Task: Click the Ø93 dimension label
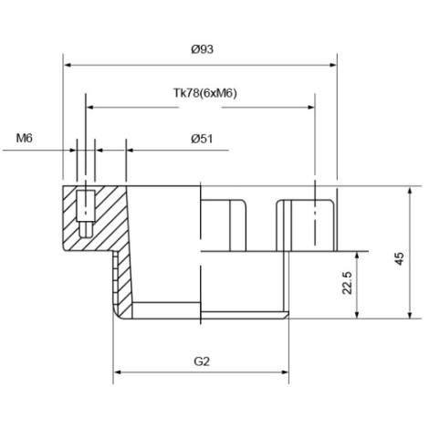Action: [203, 49]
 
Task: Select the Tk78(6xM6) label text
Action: [204, 93]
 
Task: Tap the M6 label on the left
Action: [24, 139]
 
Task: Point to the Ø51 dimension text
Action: [202, 139]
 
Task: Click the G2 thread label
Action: [202, 361]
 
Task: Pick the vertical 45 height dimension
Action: [400, 258]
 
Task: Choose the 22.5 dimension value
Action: [347, 283]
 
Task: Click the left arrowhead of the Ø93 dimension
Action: [68, 65]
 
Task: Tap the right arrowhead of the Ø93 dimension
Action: [333, 65]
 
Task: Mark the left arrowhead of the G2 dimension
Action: [117, 372]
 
